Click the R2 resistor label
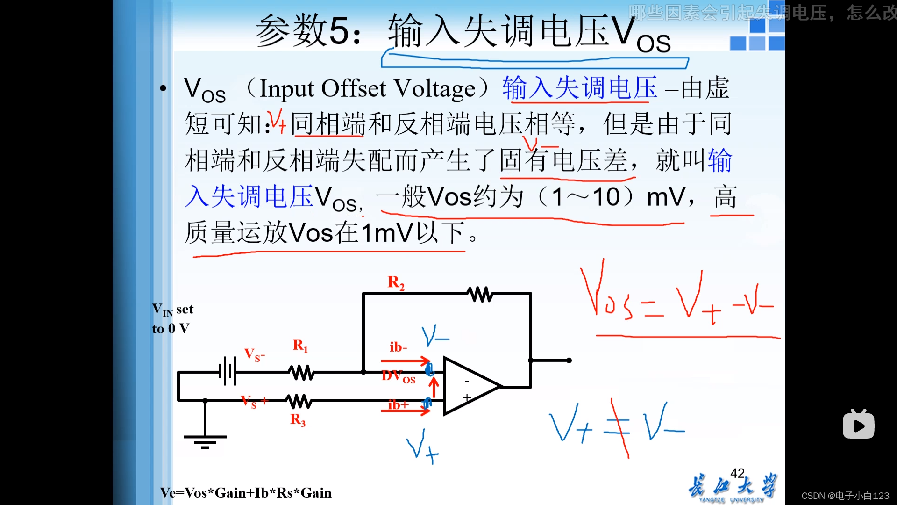click(x=396, y=282)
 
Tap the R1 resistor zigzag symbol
click(x=301, y=373)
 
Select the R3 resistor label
click(x=298, y=420)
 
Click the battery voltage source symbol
click(x=228, y=372)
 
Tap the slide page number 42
click(x=737, y=473)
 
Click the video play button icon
click(x=858, y=425)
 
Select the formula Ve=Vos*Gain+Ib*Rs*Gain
click(x=246, y=493)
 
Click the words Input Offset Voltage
click(x=367, y=88)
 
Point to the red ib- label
click(x=398, y=347)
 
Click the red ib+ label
click(x=398, y=405)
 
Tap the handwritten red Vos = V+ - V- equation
click(x=677, y=299)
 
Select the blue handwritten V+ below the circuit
click(x=422, y=447)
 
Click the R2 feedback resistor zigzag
click(x=480, y=294)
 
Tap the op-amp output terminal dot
click(x=569, y=361)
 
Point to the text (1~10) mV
click(x=612, y=196)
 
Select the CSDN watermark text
click(x=845, y=496)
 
